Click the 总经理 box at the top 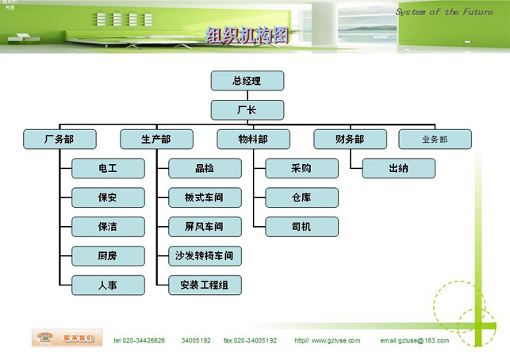(x=247, y=81)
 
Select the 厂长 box (x=247, y=109)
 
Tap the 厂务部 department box (x=59, y=140)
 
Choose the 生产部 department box (x=156, y=140)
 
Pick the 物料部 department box (x=254, y=140)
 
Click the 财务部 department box (x=350, y=140)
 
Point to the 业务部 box (x=435, y=140)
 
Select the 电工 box (x=108, y=168)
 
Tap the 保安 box (x=108, y=197)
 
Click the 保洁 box (x=108, y=227)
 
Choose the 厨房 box (x=108, y=256)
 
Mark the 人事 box (x=108, y=285)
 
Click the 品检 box (x=205, y=168)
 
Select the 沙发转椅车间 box (x=205, y=256)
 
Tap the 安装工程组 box (x=205, y=285)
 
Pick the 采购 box (x=301, y=168)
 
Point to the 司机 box (x=301, y=227)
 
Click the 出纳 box (x=399, y=168)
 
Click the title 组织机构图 (x=247, y=35)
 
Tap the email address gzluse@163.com (x=414, y=341)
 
